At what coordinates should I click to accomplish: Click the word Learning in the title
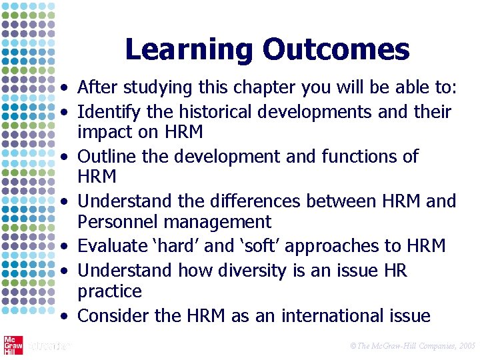pos(189,50)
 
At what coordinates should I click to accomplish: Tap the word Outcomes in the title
pos(336,50)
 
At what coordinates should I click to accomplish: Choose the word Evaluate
pos(108,246)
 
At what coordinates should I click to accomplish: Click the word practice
pos(109,291)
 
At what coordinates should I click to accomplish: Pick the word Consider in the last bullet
pos(110,315)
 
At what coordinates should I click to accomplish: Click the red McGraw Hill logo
pos(13,345)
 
